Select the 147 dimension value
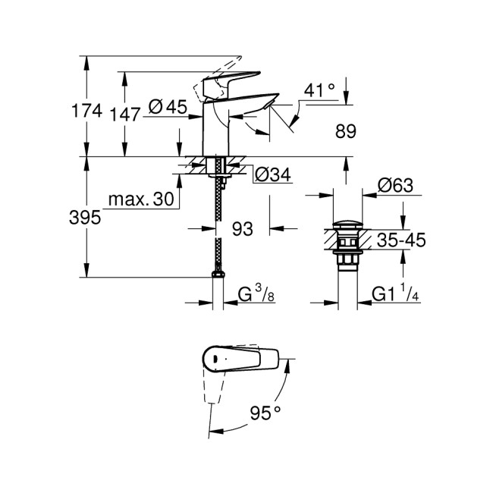coord(124,115)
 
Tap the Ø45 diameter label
coord(167,108)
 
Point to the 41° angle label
coord(319,90)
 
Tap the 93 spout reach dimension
coord(242,228)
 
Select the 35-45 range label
coord(401,241)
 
